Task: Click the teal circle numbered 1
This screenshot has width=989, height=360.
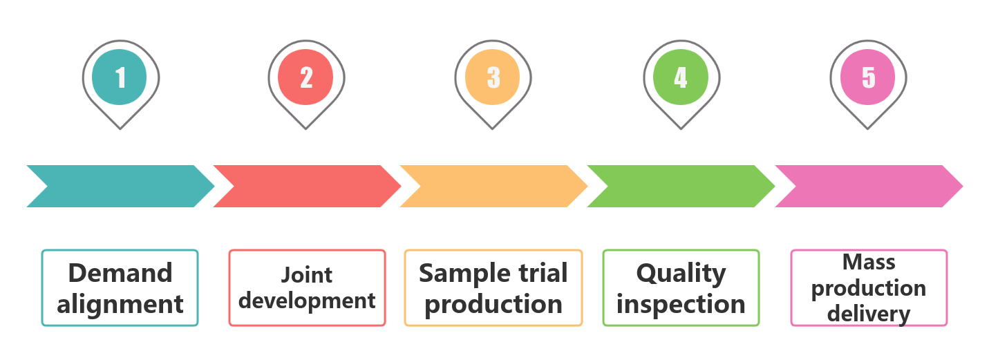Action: [x=119, y=77]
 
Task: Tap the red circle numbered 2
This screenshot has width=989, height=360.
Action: [x=305, y=77]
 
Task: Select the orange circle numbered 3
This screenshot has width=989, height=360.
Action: [x=492, y=77]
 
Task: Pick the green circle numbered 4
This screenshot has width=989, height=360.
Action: [x=680, y=77]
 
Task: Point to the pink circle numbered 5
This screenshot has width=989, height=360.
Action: [x=867, y=77]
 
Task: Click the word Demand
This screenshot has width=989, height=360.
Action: [x=120, y=273]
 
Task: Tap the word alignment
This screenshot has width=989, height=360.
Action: [x=120, y=305]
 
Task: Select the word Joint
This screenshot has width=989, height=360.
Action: [x=307, y=275]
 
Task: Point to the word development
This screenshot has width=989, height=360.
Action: [x=307, y=301]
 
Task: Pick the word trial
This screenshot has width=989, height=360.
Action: [x=543, y=273]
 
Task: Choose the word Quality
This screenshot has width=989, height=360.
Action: [x=681, y=274]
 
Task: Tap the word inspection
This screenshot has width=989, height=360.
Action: [x=681, y=305]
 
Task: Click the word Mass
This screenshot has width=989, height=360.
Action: [x=869, y=262]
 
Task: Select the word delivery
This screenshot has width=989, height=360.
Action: [x=869, y=314]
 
